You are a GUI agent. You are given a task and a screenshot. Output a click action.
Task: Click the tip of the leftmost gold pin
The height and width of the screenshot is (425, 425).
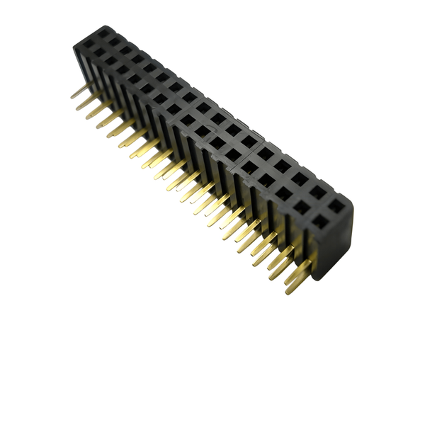point(72,96)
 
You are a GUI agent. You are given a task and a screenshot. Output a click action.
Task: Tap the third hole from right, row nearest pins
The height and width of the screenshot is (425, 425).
point(282,194)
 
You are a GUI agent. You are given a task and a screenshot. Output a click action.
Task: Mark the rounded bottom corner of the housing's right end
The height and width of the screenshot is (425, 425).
point(323,276)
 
